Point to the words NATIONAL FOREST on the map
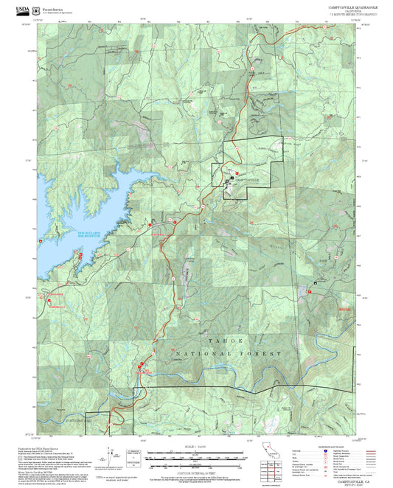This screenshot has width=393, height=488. coord(229,354)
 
